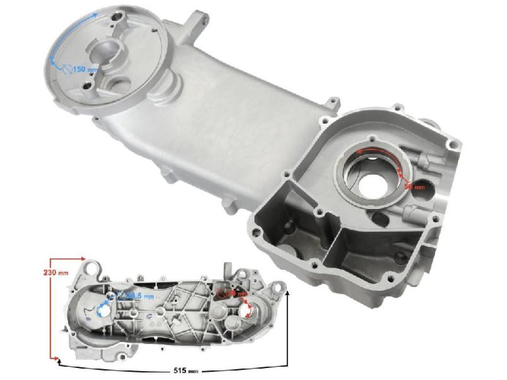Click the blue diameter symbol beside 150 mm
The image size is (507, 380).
click(x=67, y=70)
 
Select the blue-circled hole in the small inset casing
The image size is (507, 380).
click(x=103, y=311)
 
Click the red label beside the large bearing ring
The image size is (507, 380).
click(x=414, y=186)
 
